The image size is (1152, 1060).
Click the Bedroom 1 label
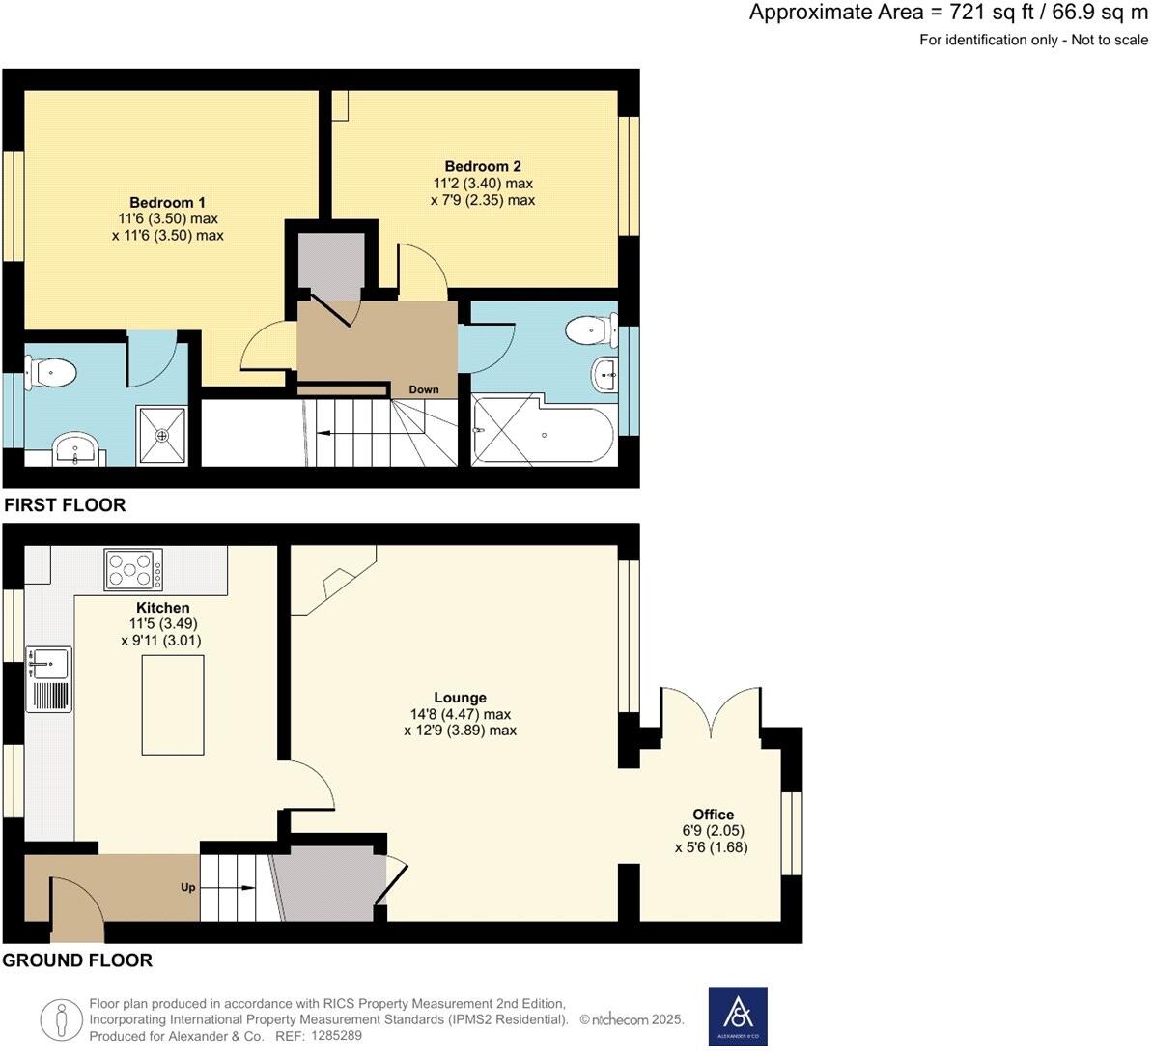coord(167,203)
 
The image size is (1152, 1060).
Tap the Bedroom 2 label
coord(483,167)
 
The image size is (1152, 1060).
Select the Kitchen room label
coord(163,608)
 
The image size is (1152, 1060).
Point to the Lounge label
coord(460,699)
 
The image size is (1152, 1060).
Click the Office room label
coord(714,815)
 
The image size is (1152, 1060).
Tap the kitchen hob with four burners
coord(133,570)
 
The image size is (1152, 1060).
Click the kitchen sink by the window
coord(49,680)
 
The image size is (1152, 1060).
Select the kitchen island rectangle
coord(174,705)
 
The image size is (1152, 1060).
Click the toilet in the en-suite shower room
coord(50,373)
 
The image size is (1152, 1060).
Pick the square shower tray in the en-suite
coord(162,435)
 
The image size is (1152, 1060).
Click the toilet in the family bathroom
coord(592,329)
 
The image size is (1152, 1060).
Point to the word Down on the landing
coord(424,389)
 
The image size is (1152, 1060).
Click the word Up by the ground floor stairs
coord(188,887)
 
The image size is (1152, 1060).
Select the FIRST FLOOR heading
coord(65,505)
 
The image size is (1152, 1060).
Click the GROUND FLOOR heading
coord(78,960)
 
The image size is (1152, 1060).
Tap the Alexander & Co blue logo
coord(738,1016)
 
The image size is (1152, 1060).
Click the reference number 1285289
coord(336,1036)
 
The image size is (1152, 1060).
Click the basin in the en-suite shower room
coord(75,448)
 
